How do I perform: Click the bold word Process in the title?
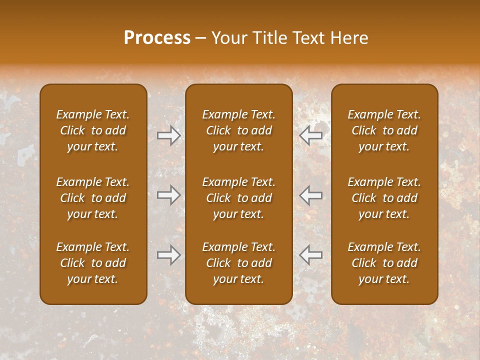(x=157, y=38)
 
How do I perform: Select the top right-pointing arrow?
(x=169, y=135)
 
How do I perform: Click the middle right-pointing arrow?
(x=169, y=194)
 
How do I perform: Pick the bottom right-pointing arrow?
(x=169, y=255)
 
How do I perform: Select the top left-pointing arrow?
(x=310, y=135)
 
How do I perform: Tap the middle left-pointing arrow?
(x=310, y=194)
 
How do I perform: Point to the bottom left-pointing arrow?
(x=310, y=255)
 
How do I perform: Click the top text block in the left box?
(x=93, y=130)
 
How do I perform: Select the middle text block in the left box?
(x=93, y=198)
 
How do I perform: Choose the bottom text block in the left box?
(x=93, y=263)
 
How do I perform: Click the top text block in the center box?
(x=238, y=130)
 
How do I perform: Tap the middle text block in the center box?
(x=238, y=198)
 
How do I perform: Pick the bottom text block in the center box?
(x=238, y=263)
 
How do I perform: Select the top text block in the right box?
(x=384, y=130)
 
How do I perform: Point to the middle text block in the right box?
(x=384, y=198)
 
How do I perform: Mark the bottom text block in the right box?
(x=384, y=263)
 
